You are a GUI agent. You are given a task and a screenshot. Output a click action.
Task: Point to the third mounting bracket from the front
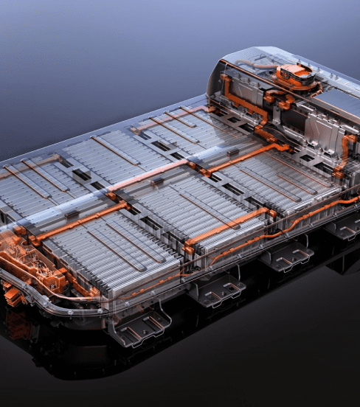tap(285, 254)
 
